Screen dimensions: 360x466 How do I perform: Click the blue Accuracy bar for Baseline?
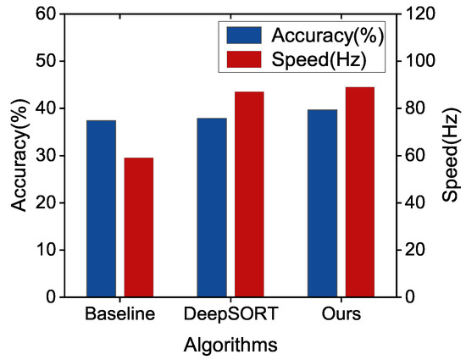[101, 208]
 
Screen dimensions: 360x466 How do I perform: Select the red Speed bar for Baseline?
[139, 227]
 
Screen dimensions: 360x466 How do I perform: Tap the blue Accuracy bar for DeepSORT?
[212, 208]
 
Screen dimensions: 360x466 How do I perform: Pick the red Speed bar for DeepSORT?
[249, 194]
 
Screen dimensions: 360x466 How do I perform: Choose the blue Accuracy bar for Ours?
[322, 203]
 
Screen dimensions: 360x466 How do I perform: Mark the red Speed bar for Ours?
[359, 192]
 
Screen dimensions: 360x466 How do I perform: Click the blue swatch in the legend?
[244, 36]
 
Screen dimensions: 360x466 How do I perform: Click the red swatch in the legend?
[244, 59]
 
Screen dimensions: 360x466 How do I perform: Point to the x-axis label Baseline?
[120, 315]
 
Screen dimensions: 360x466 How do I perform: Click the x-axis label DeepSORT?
[230, 315]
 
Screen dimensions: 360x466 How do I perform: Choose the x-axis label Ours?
[341, 315]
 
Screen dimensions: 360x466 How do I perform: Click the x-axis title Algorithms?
[230, 345]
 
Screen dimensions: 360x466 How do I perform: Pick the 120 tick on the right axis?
[424, 14]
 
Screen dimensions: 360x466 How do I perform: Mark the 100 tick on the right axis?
[424, 62]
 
